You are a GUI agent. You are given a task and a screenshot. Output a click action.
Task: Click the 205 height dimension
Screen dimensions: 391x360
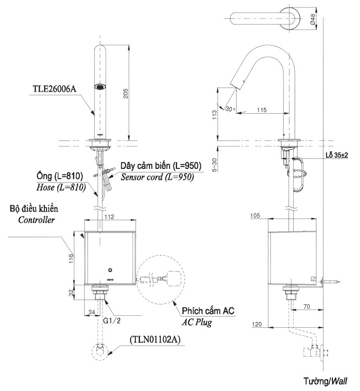click(x=126, y=93)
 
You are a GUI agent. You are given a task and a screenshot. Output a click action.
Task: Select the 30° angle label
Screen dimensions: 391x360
click(x=230, y=108)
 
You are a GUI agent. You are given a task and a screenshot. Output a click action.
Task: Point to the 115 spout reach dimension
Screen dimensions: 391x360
click(x=262, y=109)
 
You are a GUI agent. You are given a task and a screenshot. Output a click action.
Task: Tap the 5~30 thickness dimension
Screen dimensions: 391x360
click(x=215, y=164)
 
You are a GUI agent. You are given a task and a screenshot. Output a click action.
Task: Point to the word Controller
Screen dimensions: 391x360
click(x=36, y=220)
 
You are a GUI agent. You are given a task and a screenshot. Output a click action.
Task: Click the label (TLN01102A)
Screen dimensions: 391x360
click(x=156, y=339)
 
